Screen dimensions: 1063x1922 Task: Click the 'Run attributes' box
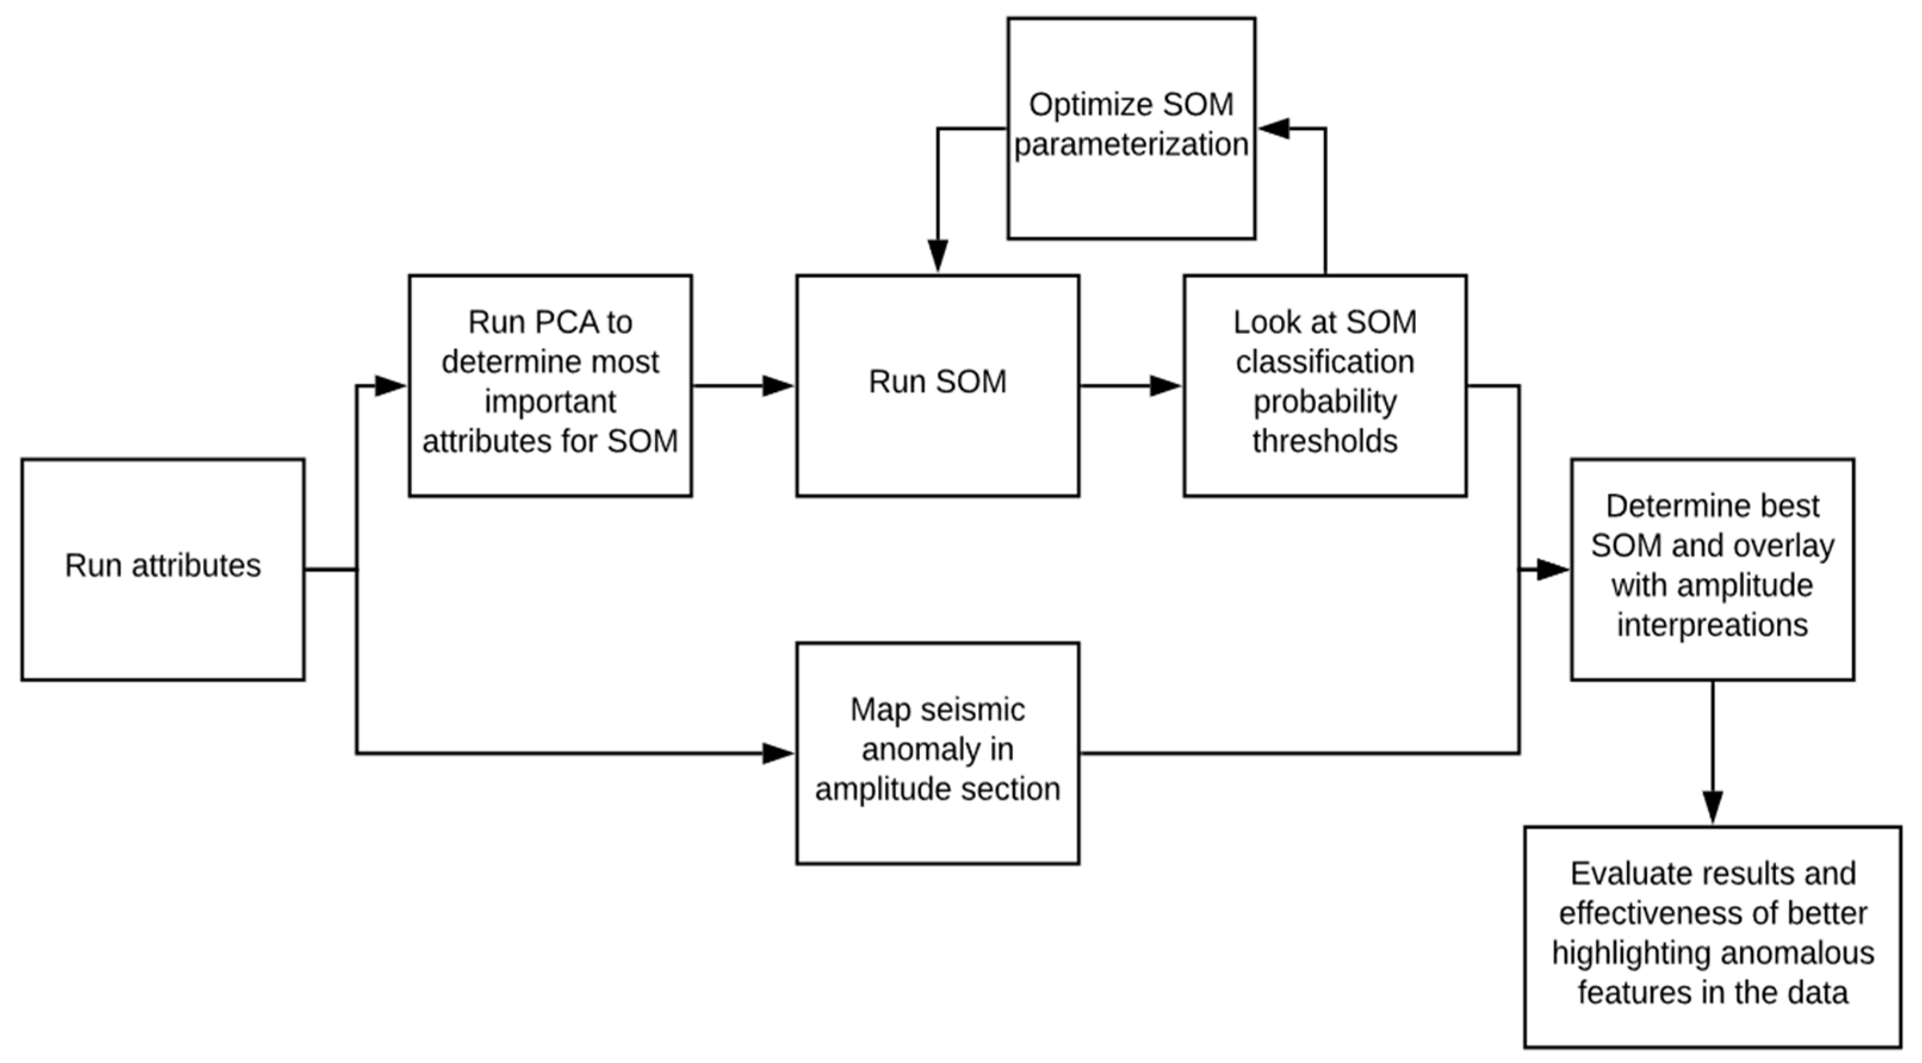[163, 569]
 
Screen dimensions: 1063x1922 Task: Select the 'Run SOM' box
[937, 385]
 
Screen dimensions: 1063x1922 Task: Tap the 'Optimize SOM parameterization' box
[1130, 128]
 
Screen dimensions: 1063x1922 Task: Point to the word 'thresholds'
[1325, 441]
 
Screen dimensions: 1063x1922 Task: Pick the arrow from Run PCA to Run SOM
[742, 386]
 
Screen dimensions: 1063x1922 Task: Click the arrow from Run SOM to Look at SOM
[1130, 386]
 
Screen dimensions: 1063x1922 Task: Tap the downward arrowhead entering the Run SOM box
[937, 255]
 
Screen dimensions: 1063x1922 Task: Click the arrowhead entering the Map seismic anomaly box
[777, 753]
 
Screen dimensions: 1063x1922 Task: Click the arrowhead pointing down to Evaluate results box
[1712, 807]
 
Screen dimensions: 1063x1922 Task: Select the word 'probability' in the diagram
[1325, 402]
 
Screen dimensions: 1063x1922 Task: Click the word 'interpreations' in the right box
[1712, 625]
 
